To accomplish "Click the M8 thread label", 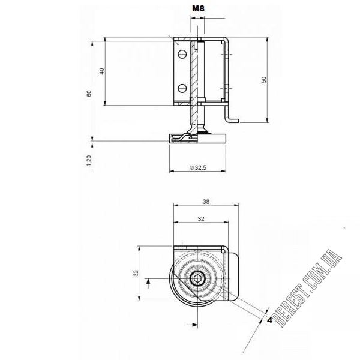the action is click(x=198, y=8).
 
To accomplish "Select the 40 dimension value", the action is click(x=102, y=71).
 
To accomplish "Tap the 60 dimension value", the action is click(x=89, y=94).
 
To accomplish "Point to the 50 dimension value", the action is click(x=264, y=80).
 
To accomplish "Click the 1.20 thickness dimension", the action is click(x=89, y=161).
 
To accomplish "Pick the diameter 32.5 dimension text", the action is click(x=198, y=167).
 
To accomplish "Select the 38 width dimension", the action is click(x=206, y=202).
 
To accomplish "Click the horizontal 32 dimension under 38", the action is click(x=201, y=219).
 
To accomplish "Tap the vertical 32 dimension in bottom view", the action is click(x=136, y=273).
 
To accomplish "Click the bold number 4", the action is click(x=269, y=320).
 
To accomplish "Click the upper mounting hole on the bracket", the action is click(x=182, y=54).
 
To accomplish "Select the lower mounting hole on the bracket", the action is click(x=182, y=88).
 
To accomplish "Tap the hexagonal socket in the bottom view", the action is click(x=197, y=279).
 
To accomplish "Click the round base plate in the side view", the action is click(x=197, y=139).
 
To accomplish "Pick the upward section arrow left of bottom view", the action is click(x=149, y=283).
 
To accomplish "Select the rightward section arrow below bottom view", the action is click(x=193, y=325).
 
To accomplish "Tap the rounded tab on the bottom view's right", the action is click(x=233, y=276).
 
